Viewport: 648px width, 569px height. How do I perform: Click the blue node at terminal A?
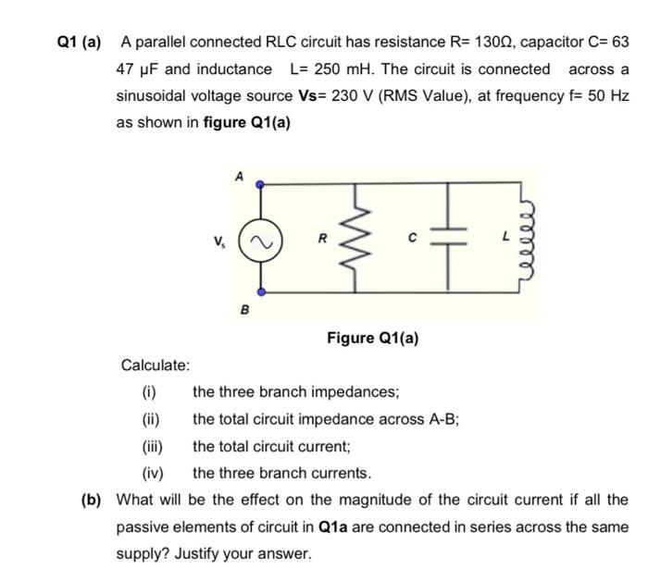(x=260, y=184)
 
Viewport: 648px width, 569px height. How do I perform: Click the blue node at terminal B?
(x=260, y=292)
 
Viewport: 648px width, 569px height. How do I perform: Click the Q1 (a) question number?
(x=78, y=43)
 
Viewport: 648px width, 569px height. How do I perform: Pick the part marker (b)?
(x=91, y=501)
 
